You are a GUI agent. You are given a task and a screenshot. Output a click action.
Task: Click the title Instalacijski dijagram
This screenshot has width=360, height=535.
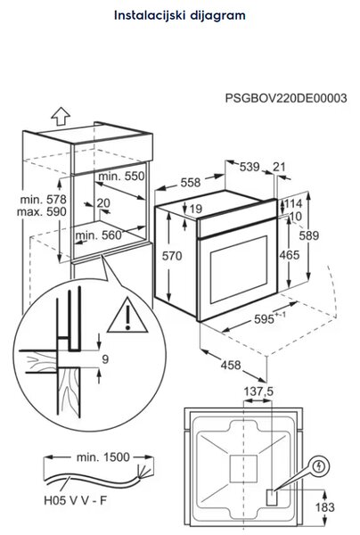tap(180, 16)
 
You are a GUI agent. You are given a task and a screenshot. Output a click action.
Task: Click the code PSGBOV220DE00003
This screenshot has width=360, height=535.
tap(286, 98)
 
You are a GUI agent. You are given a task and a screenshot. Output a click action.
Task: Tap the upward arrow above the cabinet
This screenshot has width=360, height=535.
tap(61, 116)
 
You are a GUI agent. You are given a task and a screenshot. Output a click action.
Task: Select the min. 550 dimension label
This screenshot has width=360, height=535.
tap(121, 176)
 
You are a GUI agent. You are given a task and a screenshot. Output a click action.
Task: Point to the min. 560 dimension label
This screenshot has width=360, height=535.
tap(99, 235)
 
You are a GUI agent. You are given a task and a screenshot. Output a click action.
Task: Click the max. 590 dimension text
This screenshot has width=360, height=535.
tap(42, 211)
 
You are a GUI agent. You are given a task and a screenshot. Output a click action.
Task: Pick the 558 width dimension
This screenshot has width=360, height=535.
tap(190, 183)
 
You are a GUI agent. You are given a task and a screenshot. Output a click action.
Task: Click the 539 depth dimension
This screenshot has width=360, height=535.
tap(250, 167)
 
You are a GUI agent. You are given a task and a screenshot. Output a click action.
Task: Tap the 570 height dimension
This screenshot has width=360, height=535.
tap(172, 256)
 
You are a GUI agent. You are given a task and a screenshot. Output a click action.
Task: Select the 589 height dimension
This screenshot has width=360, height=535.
tap(309, 235)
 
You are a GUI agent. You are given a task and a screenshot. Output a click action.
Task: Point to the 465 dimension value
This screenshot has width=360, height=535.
tap(290, 255)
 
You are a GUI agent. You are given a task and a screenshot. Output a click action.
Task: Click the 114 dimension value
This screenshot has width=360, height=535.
tap(293, 203)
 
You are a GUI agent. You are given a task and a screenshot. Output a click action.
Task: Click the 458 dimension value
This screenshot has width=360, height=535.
tap(231, 365)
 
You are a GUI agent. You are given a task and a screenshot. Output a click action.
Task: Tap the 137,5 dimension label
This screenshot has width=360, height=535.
tap(258, 391)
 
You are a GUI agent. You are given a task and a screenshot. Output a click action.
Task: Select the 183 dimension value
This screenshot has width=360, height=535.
tap(325, 507)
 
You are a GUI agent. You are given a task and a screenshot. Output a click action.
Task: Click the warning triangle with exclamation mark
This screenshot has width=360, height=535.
tap(127, 316)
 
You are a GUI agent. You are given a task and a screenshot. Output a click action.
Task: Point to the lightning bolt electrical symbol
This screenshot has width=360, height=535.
tap(319, 466)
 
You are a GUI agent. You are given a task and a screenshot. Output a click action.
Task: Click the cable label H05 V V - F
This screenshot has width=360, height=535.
tap(76, 500)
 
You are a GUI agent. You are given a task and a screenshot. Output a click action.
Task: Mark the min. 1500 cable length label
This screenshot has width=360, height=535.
tap(103, 457)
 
